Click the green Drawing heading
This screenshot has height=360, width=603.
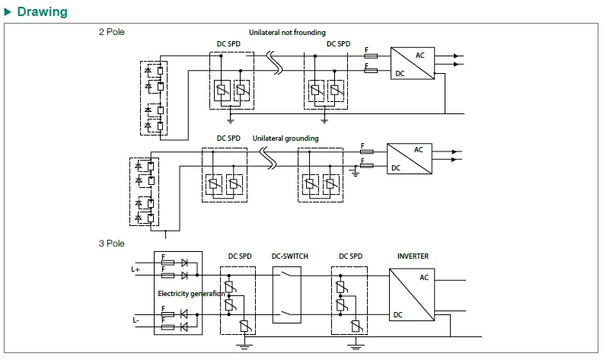point(42,12)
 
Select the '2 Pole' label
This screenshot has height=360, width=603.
point(111,32)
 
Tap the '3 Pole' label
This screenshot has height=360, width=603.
point(111,244)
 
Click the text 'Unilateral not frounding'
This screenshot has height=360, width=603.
point(287,33)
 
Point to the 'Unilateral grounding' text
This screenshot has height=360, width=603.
point(286,139)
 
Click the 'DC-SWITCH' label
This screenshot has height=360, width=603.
point(290,256)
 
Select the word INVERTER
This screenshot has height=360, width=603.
point(413,256)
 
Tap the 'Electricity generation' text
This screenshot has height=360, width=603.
point(191,293)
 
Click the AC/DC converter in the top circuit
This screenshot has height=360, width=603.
point(413,64)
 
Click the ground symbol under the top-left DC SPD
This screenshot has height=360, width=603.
point(230,119)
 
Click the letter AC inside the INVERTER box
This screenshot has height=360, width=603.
point(424,278)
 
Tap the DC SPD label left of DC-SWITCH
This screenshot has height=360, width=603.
point(240,256)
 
